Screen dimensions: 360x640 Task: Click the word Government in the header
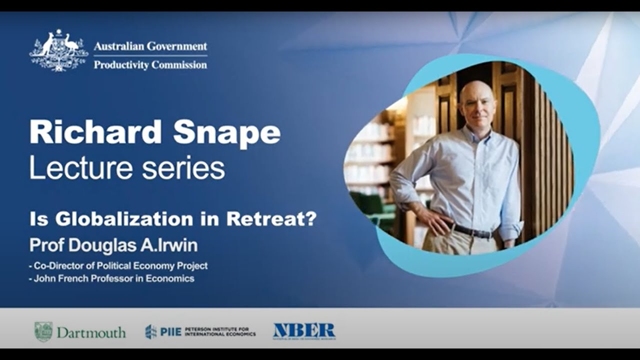click(176, 46)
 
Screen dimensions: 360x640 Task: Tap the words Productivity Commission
click(150, 64)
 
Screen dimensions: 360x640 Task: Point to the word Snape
click(228, 133)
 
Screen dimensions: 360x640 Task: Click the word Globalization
click(124, 219)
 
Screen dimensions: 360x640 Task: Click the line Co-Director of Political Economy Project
click(118, 266)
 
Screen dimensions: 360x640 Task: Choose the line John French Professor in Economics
click(112, 278)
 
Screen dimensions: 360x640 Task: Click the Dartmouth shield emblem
click(43, 331)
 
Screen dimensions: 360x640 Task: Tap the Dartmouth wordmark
click(91, 332)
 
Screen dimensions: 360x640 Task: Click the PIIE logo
click(200, 331)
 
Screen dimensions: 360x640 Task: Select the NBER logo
click(304, 331)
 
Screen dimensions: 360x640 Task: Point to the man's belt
click(472, 230)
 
